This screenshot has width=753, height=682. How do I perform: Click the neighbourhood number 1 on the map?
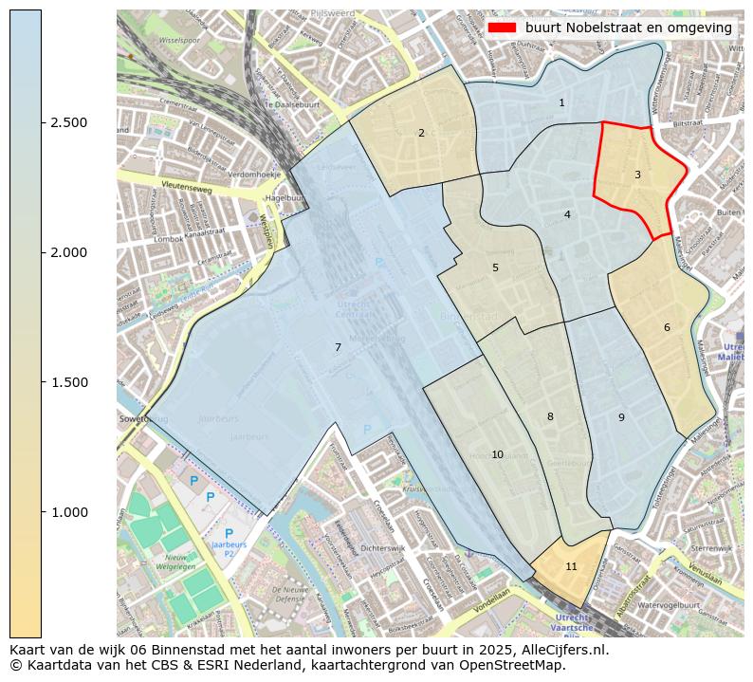pos(561,102)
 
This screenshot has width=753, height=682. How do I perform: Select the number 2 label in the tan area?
pos(421,133)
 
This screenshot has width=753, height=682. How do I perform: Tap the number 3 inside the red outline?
pos(637,175)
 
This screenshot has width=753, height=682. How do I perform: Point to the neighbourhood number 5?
pos(495,267)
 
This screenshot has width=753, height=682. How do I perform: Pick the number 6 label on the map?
pos(667,327)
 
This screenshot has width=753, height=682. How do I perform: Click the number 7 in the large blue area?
pos(338,347)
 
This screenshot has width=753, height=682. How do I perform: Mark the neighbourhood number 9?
pos(621,417)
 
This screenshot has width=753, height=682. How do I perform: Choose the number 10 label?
pos(497,455)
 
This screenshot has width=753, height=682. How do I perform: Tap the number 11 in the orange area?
pos(571,566)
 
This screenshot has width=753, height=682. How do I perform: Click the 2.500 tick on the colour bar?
pos(69,122)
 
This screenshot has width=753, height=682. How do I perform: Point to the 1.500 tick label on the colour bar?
pos(69,382)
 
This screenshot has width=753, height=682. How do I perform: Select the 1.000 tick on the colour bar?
pos(69,512)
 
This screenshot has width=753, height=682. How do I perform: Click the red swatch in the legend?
pos(503,28)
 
